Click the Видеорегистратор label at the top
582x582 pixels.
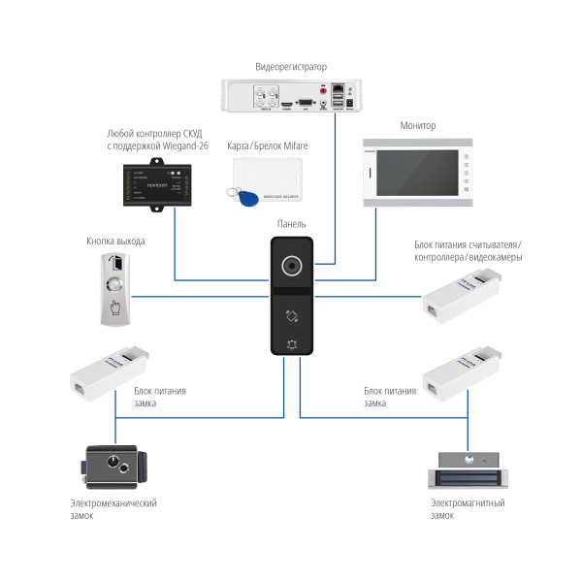pos(290,67)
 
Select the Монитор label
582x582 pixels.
pos(418,126)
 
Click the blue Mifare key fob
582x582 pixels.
pos(247,199)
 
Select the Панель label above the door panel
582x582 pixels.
pos(290,224)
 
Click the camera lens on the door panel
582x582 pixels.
pos(291,265)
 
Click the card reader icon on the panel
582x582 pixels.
pos(291,314)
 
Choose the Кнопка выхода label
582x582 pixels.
pos(114,242)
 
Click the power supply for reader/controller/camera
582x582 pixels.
pos(460,293)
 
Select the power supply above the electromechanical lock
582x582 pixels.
pos(107,372)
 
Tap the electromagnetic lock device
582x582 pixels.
pos(468,469)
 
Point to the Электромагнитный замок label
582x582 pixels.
pos(468,508)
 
